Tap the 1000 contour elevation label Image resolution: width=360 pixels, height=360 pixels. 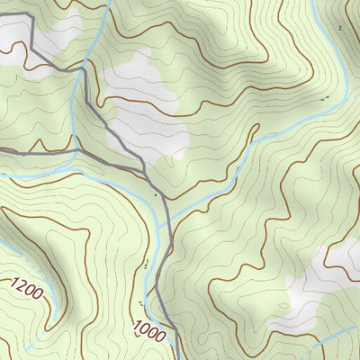point(150,331)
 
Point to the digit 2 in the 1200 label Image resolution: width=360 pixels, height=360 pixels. point(22,286)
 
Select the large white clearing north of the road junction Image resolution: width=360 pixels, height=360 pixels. point(148,99)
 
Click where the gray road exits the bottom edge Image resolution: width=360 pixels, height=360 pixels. point(176,358)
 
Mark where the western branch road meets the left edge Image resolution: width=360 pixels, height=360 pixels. point(2,150)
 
